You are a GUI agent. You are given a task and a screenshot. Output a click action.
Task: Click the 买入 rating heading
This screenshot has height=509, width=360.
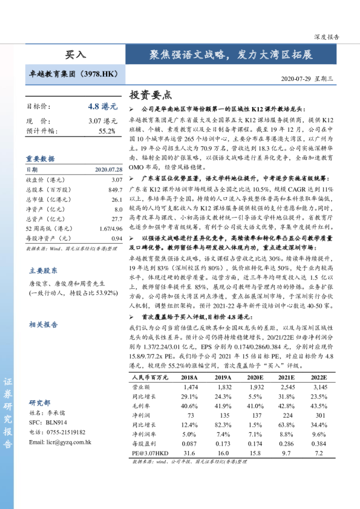click(76, 55)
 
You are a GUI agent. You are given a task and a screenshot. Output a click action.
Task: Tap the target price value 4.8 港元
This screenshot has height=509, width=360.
click(102, 106)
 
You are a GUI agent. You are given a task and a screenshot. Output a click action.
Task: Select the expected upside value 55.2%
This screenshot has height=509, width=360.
click(106, 131)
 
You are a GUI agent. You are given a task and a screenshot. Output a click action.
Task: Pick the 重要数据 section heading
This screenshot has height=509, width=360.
click(40, 158)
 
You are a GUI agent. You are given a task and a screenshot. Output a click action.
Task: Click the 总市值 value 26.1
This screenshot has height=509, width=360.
click(117, 199)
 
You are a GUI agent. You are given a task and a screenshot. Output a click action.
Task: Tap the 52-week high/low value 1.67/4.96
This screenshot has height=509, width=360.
click(111, 229)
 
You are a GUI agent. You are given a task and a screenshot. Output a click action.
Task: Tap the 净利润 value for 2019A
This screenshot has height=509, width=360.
click(224, 416)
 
